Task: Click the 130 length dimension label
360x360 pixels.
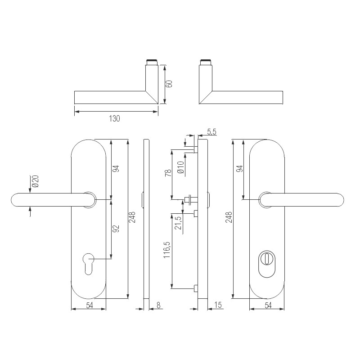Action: [115, 119]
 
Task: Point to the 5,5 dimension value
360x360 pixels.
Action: [211, 132]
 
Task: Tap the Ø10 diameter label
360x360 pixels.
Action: [180, 167]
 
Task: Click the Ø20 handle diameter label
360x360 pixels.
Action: [35, 181]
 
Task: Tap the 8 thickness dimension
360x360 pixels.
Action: [158, 306]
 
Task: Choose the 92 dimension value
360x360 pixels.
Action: [115, 228]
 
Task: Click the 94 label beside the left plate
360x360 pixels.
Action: [115, 169]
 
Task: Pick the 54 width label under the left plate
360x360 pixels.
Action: [89, 306]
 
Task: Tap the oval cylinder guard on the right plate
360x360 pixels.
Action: [267, 264]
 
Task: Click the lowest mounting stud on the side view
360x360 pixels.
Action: [195, 288]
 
